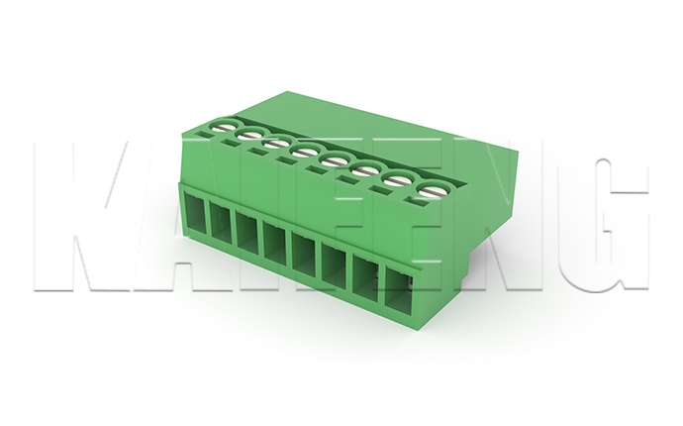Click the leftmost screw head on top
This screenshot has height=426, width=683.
[x=222, y=127]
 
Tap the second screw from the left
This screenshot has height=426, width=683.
[x=249, y=135]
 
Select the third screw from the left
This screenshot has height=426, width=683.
[x=276, y=144]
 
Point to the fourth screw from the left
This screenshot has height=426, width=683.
[x=305, y=153]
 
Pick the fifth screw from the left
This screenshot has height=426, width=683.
[x=334, y=160]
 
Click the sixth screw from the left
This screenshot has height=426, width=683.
[x=364, y=170]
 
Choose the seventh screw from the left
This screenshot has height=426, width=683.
[x=396, y=179]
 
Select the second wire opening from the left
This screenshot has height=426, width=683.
[x=221, y=222]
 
